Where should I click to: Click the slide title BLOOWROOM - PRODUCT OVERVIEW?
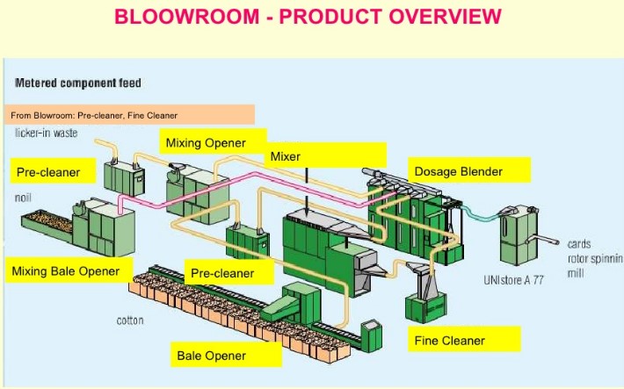[308, 17]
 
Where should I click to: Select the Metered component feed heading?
[78, 83]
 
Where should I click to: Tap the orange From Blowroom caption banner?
[129, 115]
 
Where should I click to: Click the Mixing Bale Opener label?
[66, 271]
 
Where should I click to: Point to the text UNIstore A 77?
[514, 280]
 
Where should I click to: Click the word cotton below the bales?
[130, 321]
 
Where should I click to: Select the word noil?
[24, 198]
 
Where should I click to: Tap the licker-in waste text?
[47, 133]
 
